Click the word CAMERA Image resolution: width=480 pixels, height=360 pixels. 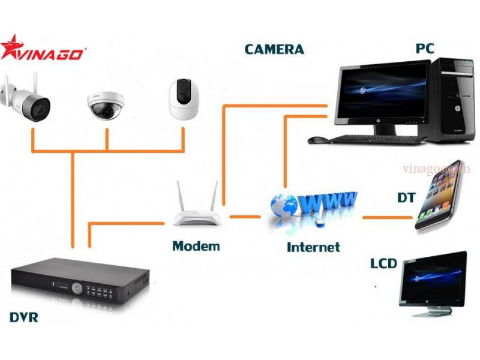pyautogui.click(x=274, y=49)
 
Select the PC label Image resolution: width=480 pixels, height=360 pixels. pyautogui.click(x=425, y=48)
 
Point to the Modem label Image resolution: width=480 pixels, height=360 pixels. pyautogui.click(x=196, y=246)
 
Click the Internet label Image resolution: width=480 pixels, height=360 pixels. pyautogui.click(x=313, y=247)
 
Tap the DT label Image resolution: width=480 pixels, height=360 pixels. pyautogui.click(x=406, y=197)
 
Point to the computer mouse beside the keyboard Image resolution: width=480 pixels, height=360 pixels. pyautogui.click(x=318, y=140)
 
